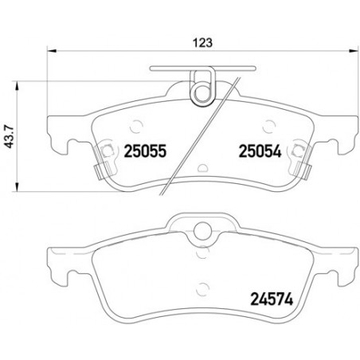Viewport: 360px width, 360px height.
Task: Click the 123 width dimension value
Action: pos(202,43)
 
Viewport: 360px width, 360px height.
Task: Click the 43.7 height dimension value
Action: pos(10,136)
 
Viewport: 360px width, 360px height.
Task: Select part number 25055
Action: pos(145,151)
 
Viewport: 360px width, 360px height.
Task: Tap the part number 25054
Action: pos(260,151)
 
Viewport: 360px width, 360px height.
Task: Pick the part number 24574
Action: pos(272,299)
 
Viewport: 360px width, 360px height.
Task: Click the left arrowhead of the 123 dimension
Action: pos(52,50)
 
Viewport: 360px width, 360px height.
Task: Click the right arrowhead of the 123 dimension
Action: pos(354,50)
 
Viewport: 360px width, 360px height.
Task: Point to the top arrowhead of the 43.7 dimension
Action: pos(17,87)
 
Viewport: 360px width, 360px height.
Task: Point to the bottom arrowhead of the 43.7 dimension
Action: pos(17,186)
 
